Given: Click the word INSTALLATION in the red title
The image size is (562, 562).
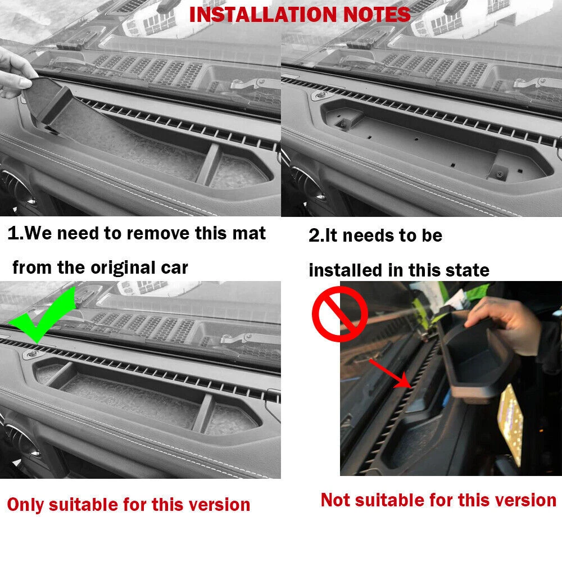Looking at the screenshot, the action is click(x=262, y=15).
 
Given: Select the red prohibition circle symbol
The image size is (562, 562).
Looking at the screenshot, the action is click(x=339, y=313).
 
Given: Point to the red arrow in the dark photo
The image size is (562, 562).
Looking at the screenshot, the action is click(x=390, y=374).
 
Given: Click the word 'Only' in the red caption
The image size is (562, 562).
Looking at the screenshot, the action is click(x=25, y=505).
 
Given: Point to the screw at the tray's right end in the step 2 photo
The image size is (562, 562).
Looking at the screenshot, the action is click(x=500, y=174).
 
